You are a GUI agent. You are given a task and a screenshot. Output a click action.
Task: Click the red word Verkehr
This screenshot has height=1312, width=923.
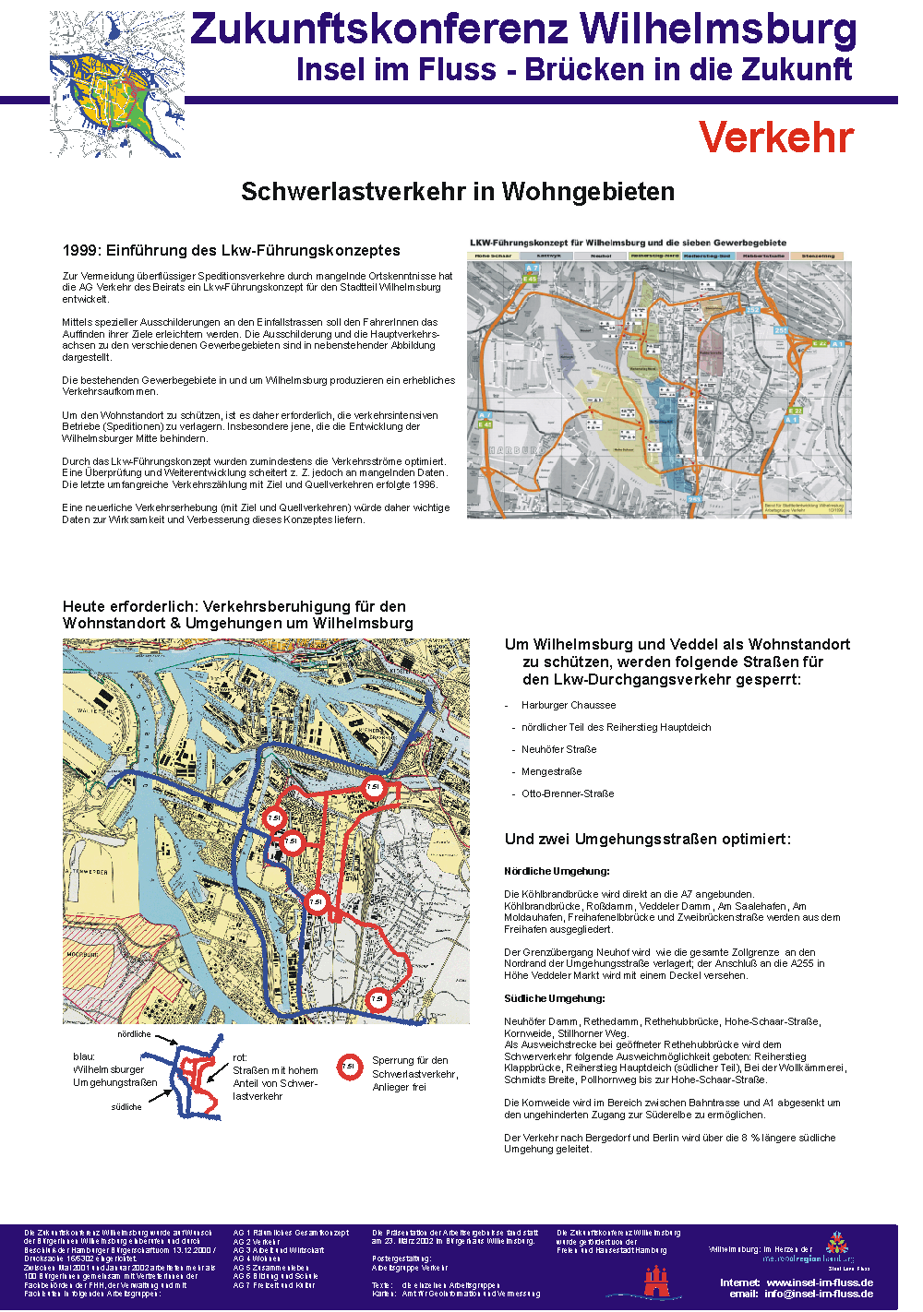pyautogui.click(x=776, y=137)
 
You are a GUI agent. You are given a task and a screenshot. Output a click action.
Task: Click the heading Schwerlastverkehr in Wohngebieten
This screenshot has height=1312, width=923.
pyautogui.click(x=458, y=192)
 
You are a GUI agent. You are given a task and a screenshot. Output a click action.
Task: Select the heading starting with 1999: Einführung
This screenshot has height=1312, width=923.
pyautogui.click(x=232, y=250)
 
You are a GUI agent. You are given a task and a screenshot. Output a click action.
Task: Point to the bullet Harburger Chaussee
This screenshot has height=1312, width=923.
pyautogui.click(x=568, y=705)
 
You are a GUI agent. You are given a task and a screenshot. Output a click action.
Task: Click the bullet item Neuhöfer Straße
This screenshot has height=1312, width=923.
pyautogui.click(x=558, y=749)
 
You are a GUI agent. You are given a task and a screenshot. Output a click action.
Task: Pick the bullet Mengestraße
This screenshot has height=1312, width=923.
pyautogui.click(x=551, y=771)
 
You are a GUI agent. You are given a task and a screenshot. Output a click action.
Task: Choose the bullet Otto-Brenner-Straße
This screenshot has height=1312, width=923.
pyautogui.click(x=567, y=793)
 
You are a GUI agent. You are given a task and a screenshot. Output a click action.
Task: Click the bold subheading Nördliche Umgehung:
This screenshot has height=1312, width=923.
pyautogui.click(x=557, y=871)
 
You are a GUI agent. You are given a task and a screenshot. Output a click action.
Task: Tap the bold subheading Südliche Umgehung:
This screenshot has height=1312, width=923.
pyautogui.click(x=555, y=998)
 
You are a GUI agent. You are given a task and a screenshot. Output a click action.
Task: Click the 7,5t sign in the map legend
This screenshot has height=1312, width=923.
pyautogui.click(x=349, y=1067)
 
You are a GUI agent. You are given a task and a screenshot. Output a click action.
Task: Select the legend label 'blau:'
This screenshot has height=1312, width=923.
pyautogui.click(x=84, y=1056)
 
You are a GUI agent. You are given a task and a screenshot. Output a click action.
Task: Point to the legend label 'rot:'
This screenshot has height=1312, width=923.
pyautogui.click(x=240, y=1057)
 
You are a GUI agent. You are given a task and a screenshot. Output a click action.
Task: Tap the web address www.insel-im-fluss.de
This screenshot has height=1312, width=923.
pyautogui.click(x=820, y=1282)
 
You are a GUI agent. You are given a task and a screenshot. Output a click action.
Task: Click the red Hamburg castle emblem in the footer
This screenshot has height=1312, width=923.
pyautogui.click(x=656, y=1281)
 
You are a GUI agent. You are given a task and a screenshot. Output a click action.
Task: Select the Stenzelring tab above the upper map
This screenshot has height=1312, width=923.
pyautogui.click(x=818, y=256)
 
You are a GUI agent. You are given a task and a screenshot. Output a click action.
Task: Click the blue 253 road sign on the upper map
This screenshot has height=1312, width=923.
pyautogui.click(x=694, y=499)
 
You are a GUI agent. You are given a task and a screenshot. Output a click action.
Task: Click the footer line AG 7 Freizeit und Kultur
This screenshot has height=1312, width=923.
pyautogui.click(x=275, y=1284)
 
